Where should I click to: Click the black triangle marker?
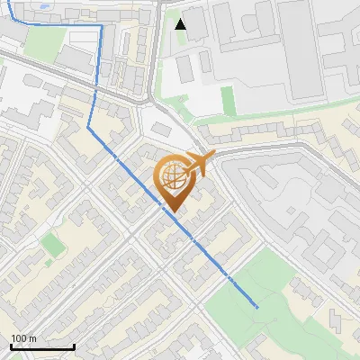[x=181, y=24]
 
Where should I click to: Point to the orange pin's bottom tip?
[x=172, y=212]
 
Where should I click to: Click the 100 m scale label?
[x=23, y=338]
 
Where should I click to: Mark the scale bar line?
[x=42, y=346]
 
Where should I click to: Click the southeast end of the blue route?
[x=257, y=306]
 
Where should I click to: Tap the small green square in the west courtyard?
[x=53, y=244]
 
